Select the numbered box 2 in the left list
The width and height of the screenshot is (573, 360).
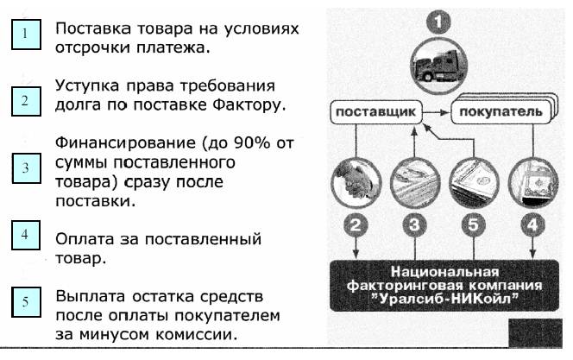pyautogui.click(x=26, y=101)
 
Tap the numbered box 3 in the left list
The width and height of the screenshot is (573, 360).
pyautogui.click(x=26, y=167)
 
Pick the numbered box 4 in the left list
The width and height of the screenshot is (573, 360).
pyautogui.click(x=26, y=235)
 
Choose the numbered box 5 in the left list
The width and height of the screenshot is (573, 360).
pyautogui.click(x=26, y=301)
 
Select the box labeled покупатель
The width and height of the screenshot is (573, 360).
pyautogui.click(x=501, y=111)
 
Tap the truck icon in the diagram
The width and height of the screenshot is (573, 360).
pyautogui.click(x=438, y=65)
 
